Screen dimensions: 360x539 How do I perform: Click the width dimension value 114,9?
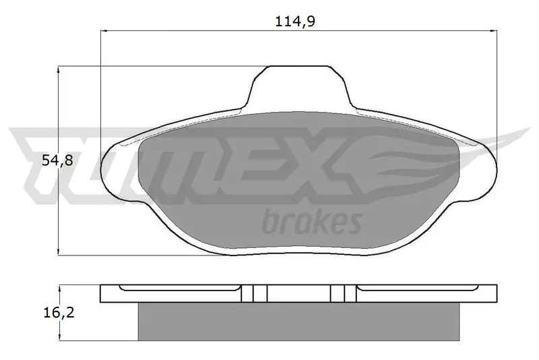[x=296, y=21]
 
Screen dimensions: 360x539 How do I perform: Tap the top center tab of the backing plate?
[x=299, y=84]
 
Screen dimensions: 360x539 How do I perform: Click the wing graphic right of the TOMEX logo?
[x=431, y=158]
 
